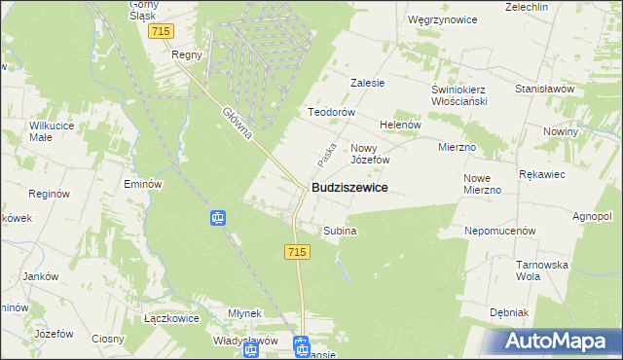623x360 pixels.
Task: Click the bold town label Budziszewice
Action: pos(349,187)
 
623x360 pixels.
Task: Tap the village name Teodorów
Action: pos(329,112)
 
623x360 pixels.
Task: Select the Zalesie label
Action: pos(368,83)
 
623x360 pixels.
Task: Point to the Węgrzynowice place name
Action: pos(440,18)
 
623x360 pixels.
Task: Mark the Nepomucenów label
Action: pos(501,232)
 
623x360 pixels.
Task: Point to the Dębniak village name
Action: pos(509,312)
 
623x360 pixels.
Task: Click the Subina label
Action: pos(341,231)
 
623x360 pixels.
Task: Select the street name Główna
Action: pos(238,124)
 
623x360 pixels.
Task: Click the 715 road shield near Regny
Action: pos(162,32)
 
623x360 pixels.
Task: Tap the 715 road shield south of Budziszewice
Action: pos(298,252)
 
